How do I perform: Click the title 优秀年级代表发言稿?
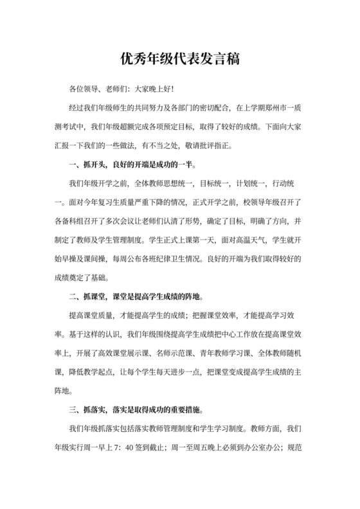coord(180,60)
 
